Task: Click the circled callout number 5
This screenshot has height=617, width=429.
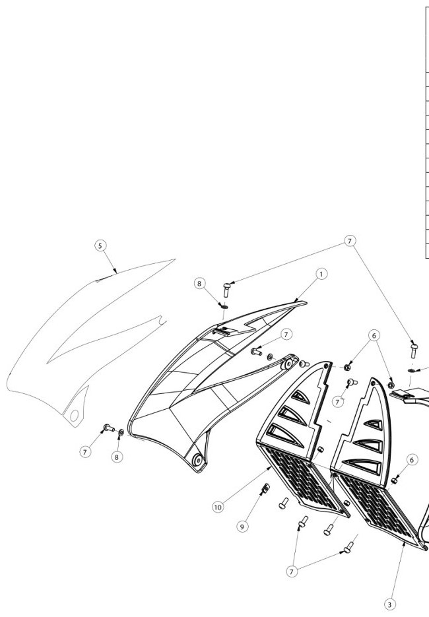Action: (x=100, y=245)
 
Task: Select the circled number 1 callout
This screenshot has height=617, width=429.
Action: (x=321, y=274)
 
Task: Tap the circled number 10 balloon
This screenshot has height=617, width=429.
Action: (x=218, y=507)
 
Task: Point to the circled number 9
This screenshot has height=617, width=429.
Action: (x=242, y=527)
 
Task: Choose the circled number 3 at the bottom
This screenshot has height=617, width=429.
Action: (x=389, y=604)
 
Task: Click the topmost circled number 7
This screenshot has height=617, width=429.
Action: (x=350, y=241)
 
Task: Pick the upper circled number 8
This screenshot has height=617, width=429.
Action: (x=199, y=283)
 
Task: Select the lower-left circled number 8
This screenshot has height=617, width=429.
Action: (x=117, y=457)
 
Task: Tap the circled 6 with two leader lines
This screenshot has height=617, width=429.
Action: (x=374, y=335)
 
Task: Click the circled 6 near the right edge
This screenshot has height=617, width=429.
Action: (x=412, y=459)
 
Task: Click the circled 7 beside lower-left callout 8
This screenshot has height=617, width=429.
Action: (x=85, y=452)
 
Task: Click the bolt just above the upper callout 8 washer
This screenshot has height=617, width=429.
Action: (x=226, y=290)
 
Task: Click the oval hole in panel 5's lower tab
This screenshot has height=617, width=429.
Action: (x=74, y=415)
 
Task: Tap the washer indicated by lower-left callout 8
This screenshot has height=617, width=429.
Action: (x=121, y=433)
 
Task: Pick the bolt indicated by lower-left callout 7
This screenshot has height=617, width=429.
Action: (x=109, y=428)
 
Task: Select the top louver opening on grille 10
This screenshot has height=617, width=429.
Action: (x=300, y=397)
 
